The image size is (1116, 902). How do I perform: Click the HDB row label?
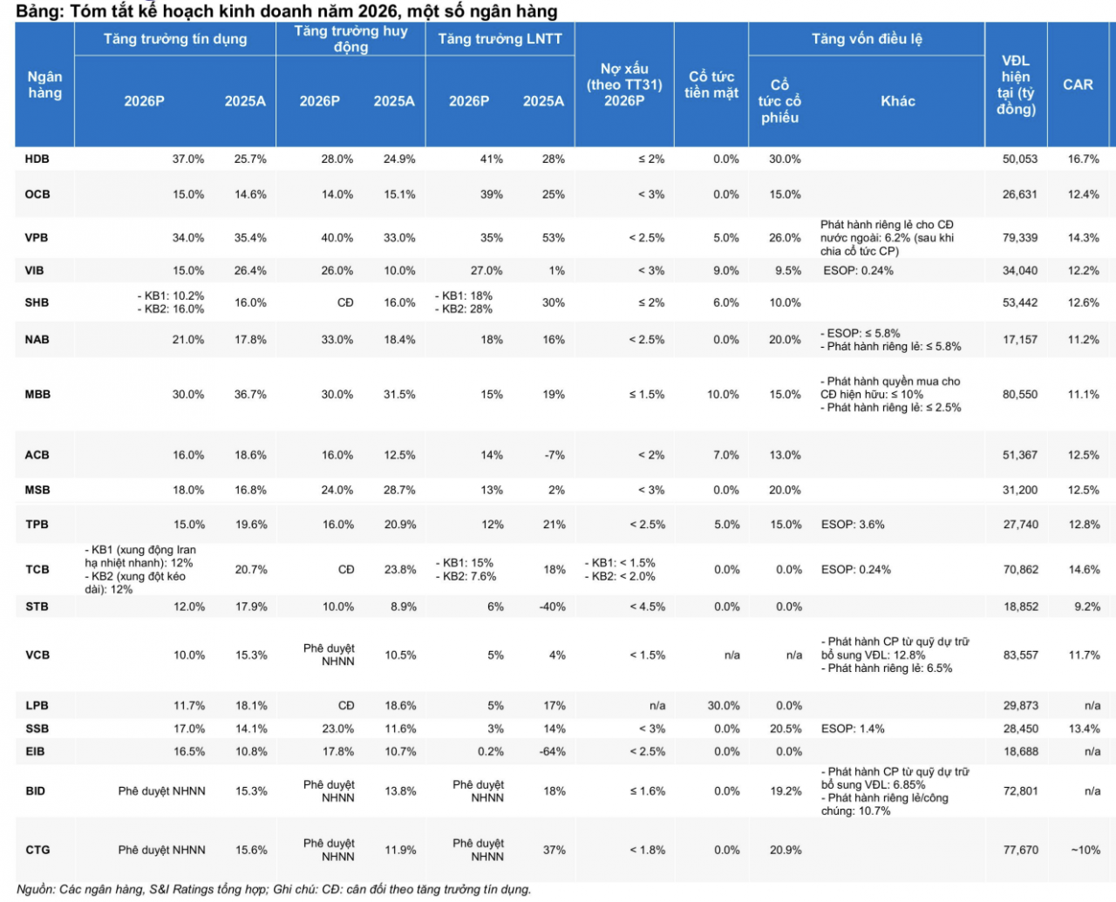tap(37, 159)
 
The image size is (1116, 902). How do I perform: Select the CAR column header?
tap(1078, 85)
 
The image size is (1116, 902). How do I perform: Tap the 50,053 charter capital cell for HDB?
tap(1019, 159)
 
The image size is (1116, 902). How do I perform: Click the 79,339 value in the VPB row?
tap(1019, 238)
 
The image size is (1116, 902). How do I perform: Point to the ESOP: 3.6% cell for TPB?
tap(853, 525)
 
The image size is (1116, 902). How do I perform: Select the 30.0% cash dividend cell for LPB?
tap(724, 706)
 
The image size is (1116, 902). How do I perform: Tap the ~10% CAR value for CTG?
tap(1085, 850)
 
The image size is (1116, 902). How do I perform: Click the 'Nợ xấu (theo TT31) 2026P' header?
tap(624, 85)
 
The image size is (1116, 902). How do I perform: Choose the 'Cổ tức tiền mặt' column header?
tap(711, 85)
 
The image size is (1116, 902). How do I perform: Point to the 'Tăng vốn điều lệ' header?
tap(867, 38)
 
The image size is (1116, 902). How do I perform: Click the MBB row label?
tap(37, 394)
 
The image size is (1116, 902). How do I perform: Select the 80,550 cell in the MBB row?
tap(1019, 394)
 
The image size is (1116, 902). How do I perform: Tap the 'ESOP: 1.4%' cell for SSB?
tap(853, 729)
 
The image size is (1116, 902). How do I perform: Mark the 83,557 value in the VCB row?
tap(1021, 654)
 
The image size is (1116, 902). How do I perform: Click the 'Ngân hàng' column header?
tap(44, 85)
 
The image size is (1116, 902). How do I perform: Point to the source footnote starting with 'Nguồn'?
tap(274, 889)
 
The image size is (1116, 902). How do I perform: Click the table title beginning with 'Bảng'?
tap(287, 11)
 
